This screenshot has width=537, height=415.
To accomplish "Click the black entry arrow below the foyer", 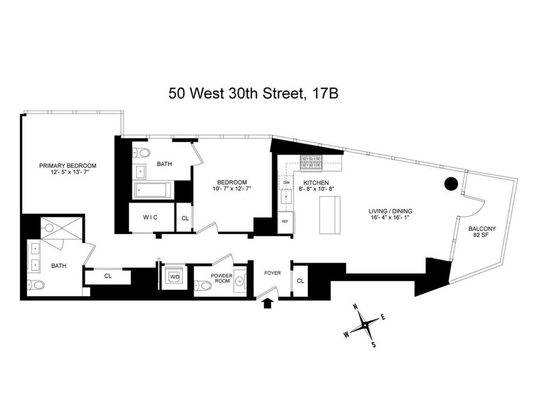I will (267, 304).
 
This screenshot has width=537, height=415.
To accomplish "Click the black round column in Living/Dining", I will (451, 184).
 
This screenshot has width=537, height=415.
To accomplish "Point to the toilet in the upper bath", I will (142, 153).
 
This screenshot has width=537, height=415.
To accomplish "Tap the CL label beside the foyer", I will (301, 281).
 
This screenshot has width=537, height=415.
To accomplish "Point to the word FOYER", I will (272, 273).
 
